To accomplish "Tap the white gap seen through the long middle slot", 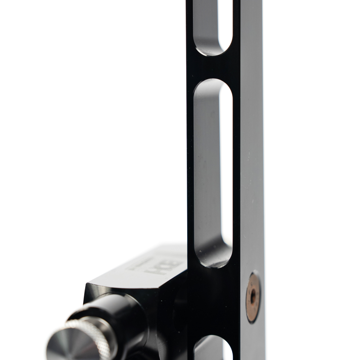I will click(x=226, y=162).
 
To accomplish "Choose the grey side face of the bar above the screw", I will click(x=252, y=162).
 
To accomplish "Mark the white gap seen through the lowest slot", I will click(x=228, y=351).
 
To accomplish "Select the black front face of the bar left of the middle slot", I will click(x=190, y=162).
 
